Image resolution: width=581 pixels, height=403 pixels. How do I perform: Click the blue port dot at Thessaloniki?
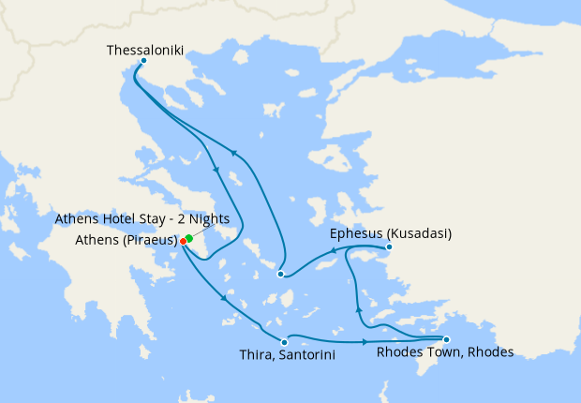click(142, 61)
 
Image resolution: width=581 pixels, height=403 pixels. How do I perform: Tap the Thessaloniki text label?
click(145, 47)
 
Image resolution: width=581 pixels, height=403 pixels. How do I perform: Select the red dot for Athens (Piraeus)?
click(183, 241)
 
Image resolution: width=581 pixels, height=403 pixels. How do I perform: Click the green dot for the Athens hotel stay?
click(189, 237)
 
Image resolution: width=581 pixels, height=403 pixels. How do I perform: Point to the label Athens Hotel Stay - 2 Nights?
click(142, 219)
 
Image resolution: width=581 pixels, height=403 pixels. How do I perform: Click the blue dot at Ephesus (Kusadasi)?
click(389, 247)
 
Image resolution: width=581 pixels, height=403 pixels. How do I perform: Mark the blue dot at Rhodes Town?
click(446, 339)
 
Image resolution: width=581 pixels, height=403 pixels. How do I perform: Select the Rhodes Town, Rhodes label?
click(444, 353)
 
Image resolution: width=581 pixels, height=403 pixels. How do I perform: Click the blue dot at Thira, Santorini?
click(284, 342)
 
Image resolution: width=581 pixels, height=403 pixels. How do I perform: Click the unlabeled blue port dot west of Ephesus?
click(280, 274)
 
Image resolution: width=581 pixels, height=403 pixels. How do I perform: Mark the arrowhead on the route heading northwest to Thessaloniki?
click(234, 155)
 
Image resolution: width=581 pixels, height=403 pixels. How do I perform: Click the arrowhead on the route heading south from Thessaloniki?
click(217, 170)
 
